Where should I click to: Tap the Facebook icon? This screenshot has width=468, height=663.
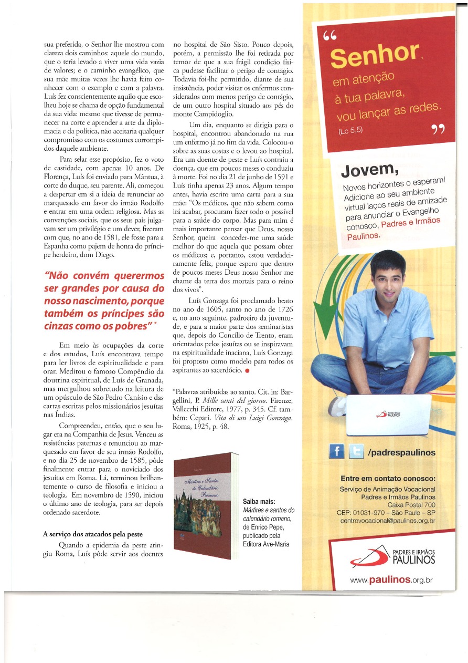pos(336,452)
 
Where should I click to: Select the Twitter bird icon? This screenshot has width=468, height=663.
pos(356,452)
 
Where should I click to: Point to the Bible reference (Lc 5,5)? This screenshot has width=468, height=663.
pos(342,132)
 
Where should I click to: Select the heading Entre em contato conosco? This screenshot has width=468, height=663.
pos(388,479)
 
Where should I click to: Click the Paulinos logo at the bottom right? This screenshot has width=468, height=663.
pos(393,556)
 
